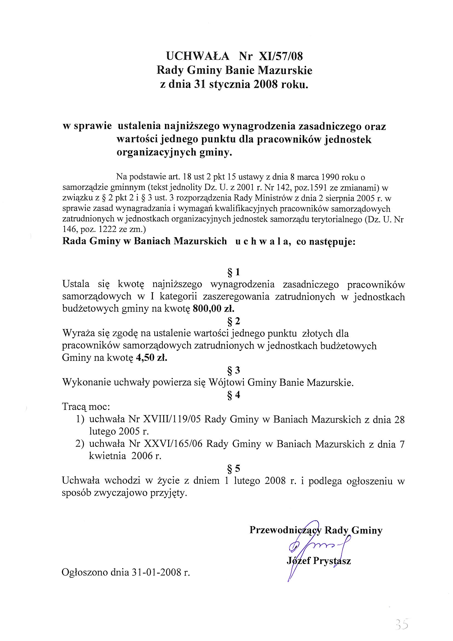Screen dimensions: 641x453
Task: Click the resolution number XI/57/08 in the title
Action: click(x=281, y=56)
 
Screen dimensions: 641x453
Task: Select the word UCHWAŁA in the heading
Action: click(x=198, y=56)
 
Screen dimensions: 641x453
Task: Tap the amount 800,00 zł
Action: click(x=213, y=308)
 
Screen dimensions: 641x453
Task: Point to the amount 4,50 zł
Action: click(x=152, y=358)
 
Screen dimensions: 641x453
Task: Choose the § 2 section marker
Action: click(x=233, y=321)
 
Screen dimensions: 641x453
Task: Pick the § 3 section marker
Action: click(x=233, y=370)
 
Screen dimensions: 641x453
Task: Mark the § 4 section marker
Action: click(x=233, y=395)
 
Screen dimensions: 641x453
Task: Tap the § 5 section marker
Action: click(x=233, y=469)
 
